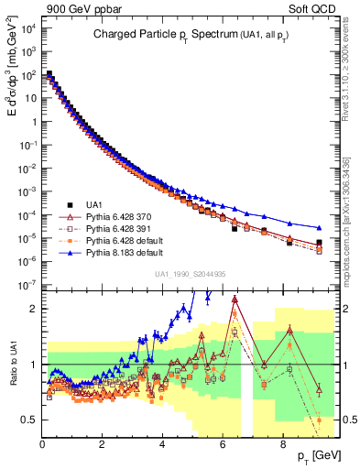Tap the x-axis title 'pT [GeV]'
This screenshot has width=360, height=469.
[320, 454]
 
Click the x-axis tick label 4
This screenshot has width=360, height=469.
[162, 443]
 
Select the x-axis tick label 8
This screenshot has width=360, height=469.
[282, 443]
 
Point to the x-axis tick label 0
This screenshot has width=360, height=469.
[42, 443]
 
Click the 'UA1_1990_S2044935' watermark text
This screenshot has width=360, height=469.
[192, 274]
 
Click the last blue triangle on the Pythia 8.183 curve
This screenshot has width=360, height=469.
[319, 228]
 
